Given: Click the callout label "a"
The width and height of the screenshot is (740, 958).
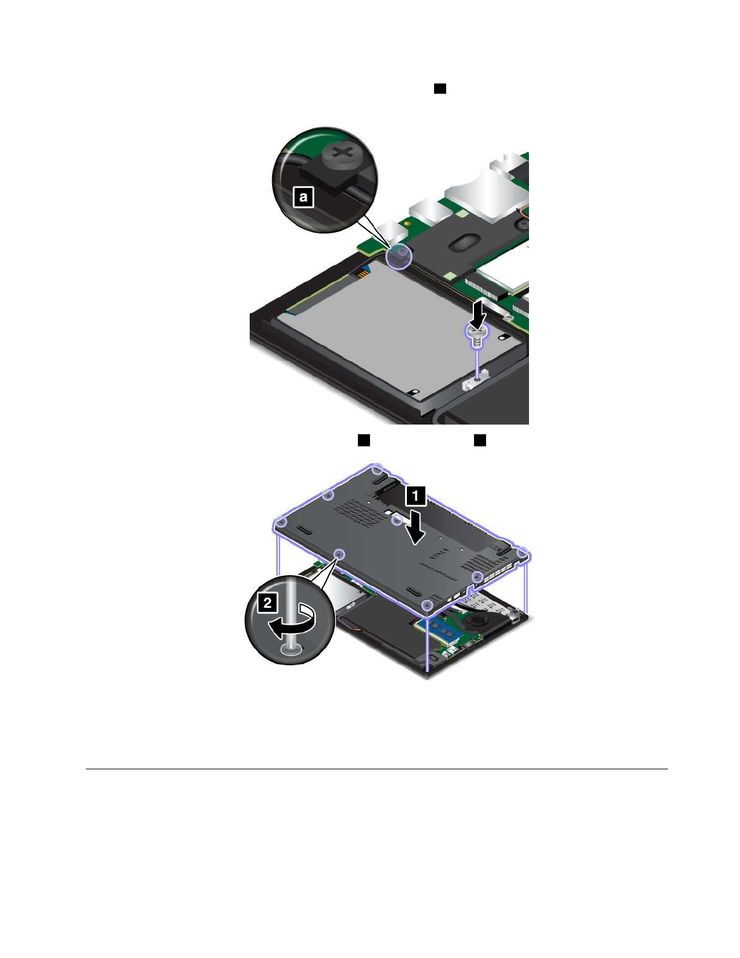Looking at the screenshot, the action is point(303,197).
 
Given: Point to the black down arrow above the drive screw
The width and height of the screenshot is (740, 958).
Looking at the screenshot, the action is point(477,314).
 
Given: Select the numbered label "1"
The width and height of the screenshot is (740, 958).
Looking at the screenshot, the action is point(415,495).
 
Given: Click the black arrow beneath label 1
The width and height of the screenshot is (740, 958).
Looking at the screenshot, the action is point(415,526).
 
